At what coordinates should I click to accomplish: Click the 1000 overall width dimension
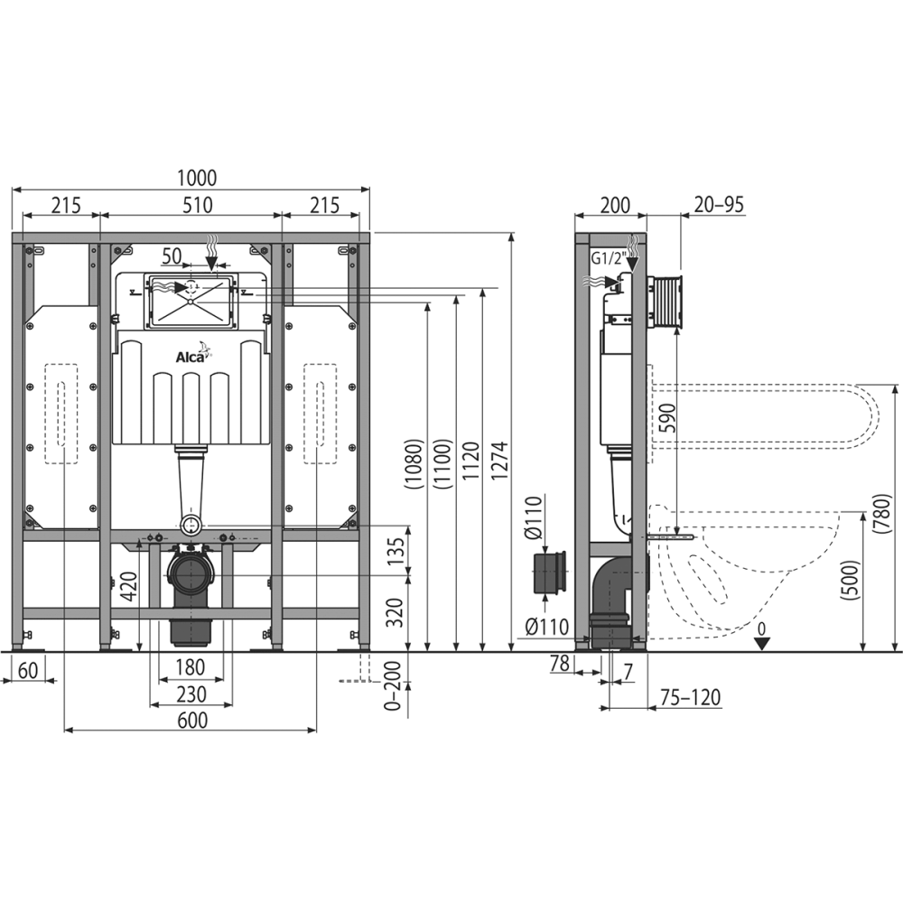point(196,178)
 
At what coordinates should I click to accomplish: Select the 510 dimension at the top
point(198,205)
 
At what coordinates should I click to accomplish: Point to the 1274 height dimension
point(499,461)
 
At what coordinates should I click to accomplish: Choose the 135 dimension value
point(396,551)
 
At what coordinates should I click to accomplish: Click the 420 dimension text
point(128,586)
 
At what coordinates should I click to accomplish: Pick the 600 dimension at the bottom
point(192,720)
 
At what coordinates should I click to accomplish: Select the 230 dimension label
point(191,694)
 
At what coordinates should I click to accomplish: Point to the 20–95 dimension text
point(719,204)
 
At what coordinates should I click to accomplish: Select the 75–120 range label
point(690,697)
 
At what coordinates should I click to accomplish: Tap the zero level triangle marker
point(762,644)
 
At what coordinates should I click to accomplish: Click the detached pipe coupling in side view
point(551,572)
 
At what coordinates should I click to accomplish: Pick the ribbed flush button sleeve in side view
point(666,303)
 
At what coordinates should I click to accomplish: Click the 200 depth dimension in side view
point(615,205)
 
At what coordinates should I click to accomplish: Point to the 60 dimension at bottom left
point(28,670)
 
